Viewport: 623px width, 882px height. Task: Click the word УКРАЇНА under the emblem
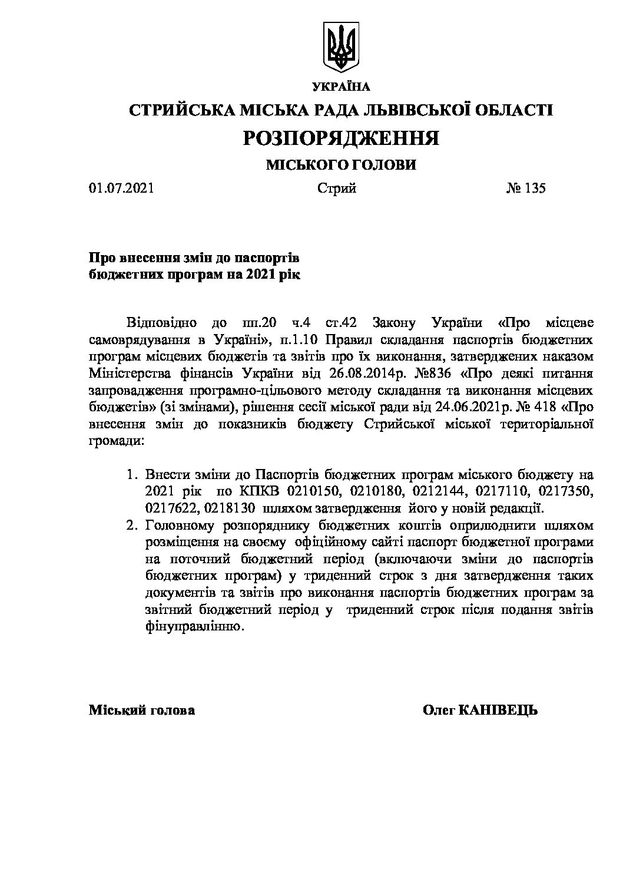[341, 87]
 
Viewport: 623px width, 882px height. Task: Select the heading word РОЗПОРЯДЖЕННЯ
[341, 138]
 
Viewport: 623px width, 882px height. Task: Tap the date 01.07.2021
[121, 189]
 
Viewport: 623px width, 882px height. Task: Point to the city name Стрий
[337, 189]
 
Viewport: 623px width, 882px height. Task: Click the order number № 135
[526, 189]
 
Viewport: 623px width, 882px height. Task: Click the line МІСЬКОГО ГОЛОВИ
[341, 165]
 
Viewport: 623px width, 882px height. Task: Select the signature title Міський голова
[141, 711]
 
